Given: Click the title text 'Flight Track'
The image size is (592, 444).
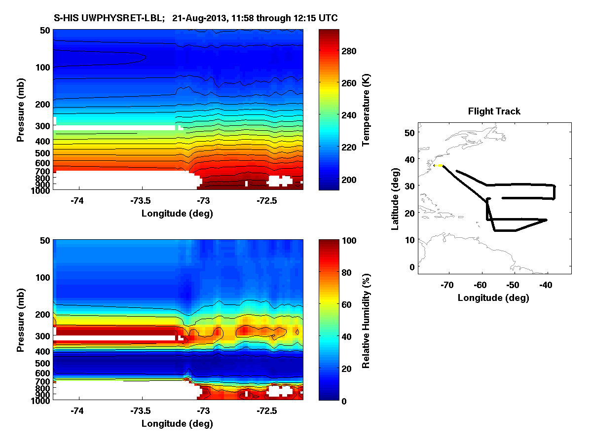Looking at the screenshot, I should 494,111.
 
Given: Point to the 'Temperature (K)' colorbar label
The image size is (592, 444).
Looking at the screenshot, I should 366,110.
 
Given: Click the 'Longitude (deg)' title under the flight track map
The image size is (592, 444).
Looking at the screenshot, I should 493,297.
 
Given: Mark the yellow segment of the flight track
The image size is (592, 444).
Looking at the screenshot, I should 439,166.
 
